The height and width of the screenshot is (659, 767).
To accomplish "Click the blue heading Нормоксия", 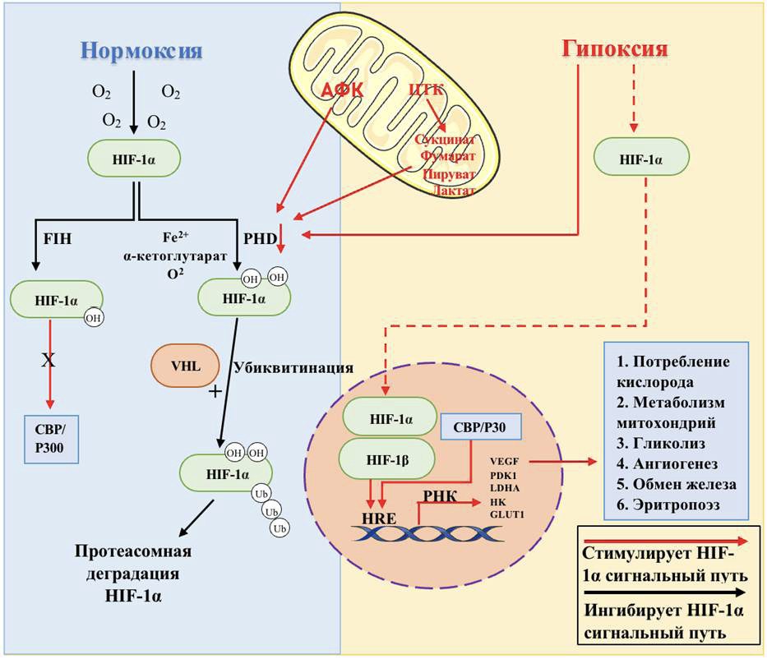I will click(141, 51).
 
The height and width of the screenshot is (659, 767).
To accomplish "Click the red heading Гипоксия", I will click(614, 48).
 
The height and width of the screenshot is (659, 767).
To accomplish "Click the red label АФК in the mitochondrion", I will click(343, 90).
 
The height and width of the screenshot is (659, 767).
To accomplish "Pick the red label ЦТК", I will click(427, 90).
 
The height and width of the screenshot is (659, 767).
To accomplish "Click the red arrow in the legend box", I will click(664, 541).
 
